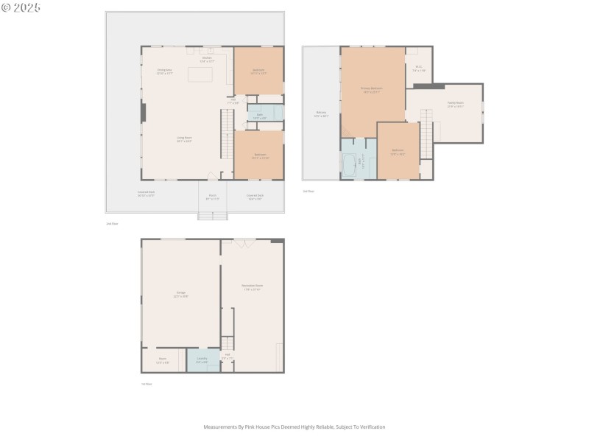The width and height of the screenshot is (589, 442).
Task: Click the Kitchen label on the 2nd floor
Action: pos(207,60)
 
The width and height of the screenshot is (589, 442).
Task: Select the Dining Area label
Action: pos(164,71)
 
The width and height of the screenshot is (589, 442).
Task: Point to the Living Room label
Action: pos(184,138)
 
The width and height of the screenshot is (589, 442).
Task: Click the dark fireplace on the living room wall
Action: pos(144,113)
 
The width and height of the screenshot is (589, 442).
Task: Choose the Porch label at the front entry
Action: pos(212,197)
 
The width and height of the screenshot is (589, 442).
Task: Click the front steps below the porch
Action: pos(213,216)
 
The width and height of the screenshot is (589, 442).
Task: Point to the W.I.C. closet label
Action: pos(418,69)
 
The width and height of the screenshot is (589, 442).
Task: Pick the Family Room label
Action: pos(455,105)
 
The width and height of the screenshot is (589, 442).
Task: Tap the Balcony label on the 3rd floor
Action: pos(321,114)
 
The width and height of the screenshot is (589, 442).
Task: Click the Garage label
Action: pos(180,293)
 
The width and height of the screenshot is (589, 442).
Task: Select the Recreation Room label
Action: pos(253,287)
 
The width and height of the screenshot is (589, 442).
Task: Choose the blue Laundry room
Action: pos(202,360)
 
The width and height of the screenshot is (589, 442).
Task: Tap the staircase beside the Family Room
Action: pos(426,133)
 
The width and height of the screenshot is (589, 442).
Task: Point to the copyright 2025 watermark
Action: pos(21,7)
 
